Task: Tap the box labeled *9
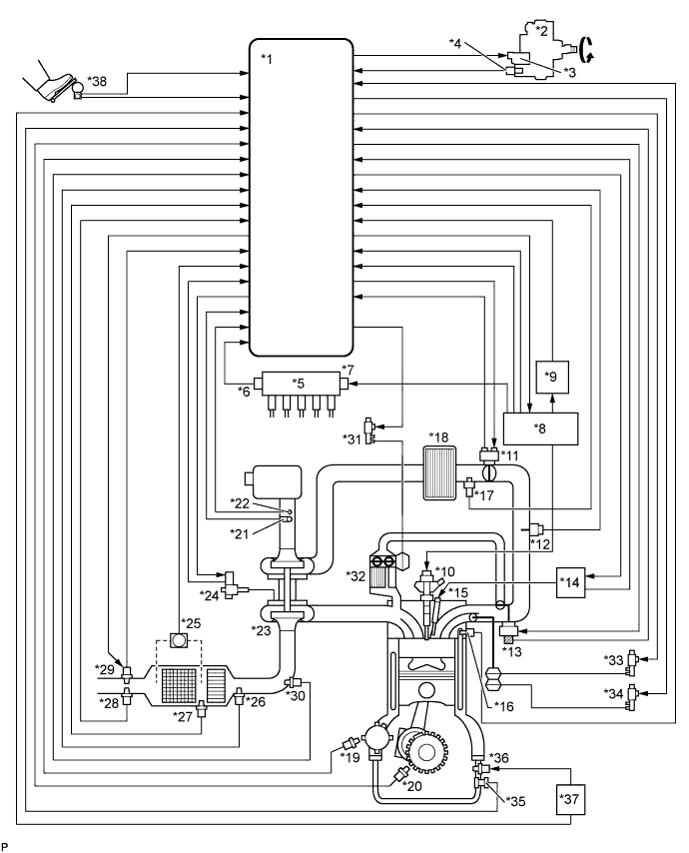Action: pos(552,377)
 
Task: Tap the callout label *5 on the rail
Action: pos(299,382)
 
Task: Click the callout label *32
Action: pos(354,575)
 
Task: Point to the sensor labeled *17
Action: pos(469,488)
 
